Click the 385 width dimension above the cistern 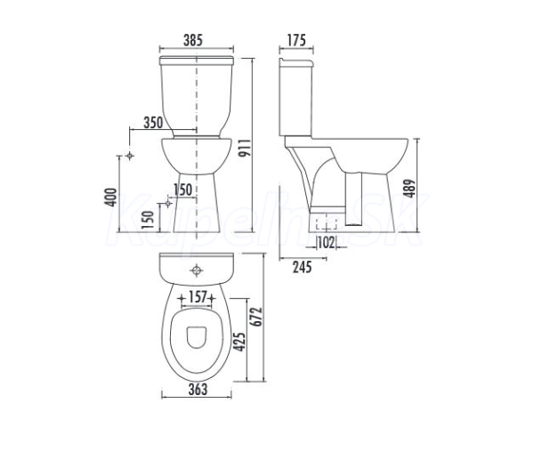(x=193, y=40)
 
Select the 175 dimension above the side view (x=296, y=40)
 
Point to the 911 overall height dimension (x=245, y=148)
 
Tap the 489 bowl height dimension (x=409, y=189)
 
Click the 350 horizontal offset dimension (x=153, y=123)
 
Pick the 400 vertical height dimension (x=110, y=197)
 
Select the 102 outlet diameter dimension (x=326, y=243)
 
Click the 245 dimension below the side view (x=302, y=267)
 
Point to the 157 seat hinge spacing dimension (x=198, y=297)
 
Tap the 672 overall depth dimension (x=256, y=317)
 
